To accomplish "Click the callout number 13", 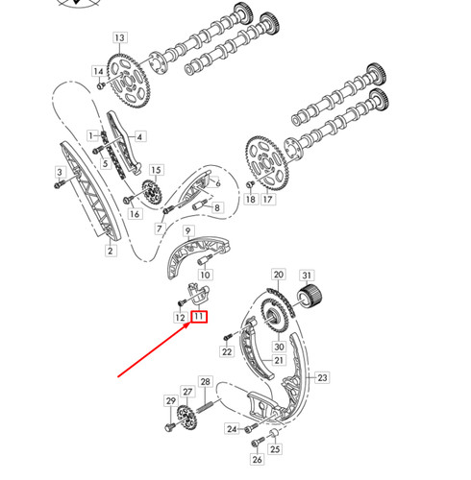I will click(x=119, y=38).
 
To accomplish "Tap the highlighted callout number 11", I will click(x=199, y=317).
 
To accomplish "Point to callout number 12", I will click(x=180, y=317).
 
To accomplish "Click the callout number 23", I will click(x=322, y=378).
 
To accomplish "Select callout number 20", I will click(x=279, y=275).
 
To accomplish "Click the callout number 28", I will click(x=205, y=382).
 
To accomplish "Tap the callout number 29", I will click(x=171, y=399).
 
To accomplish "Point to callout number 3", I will click(x=61, y=172).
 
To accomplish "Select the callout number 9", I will click(x=189, y=231).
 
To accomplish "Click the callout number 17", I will click(x=268, y=200).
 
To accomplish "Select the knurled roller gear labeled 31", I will click(x=310, y=297).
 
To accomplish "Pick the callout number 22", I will click(x=227, y=352).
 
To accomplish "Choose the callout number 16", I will click(x=135, y=213).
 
